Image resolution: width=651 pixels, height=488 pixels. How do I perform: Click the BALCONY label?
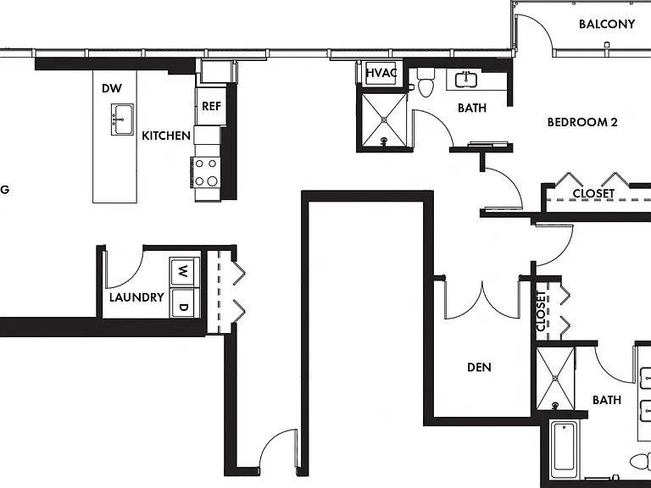click(x=607, y=24)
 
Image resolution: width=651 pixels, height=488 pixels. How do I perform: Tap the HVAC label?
click(x=381, y=73)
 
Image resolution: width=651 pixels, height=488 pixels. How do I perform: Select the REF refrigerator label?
click(x=211, y=106)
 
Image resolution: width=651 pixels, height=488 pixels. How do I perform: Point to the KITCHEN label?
click(x=166, y=136)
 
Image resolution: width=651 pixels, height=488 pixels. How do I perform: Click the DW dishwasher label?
click(x=112, y=88)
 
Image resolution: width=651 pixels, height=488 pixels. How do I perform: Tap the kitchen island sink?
click(x=122, y=119)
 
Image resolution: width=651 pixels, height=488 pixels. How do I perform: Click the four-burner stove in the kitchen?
click(x=206, y=172)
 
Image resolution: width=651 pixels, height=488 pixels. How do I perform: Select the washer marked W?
click(x=184, y=272)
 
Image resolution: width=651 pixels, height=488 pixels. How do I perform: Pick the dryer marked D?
click(x=184, y=304)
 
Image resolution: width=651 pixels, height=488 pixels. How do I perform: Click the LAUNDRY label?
click(x=136, y=297)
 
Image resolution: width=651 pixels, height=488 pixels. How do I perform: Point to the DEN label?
click(x=479, y=367)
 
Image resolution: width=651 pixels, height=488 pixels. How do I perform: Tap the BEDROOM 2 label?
click(x=582, y=122)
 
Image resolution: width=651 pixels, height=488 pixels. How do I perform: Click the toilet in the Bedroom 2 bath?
click(x=426, y=82)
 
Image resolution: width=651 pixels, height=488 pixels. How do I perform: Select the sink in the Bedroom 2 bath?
click(x=465, y=80)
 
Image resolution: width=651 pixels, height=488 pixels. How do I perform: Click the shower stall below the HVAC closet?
click(x=385, y=119)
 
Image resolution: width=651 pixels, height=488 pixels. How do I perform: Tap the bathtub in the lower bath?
click(x=563, y=449)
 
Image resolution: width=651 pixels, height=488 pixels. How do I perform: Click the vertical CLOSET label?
click(x=541, y=311)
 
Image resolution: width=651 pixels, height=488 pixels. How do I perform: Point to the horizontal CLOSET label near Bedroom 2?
click(x=593, y=193)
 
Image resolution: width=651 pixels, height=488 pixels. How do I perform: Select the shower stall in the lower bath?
click(x=555, y=379)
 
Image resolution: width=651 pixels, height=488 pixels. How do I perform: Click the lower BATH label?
click(x=607, y=400)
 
